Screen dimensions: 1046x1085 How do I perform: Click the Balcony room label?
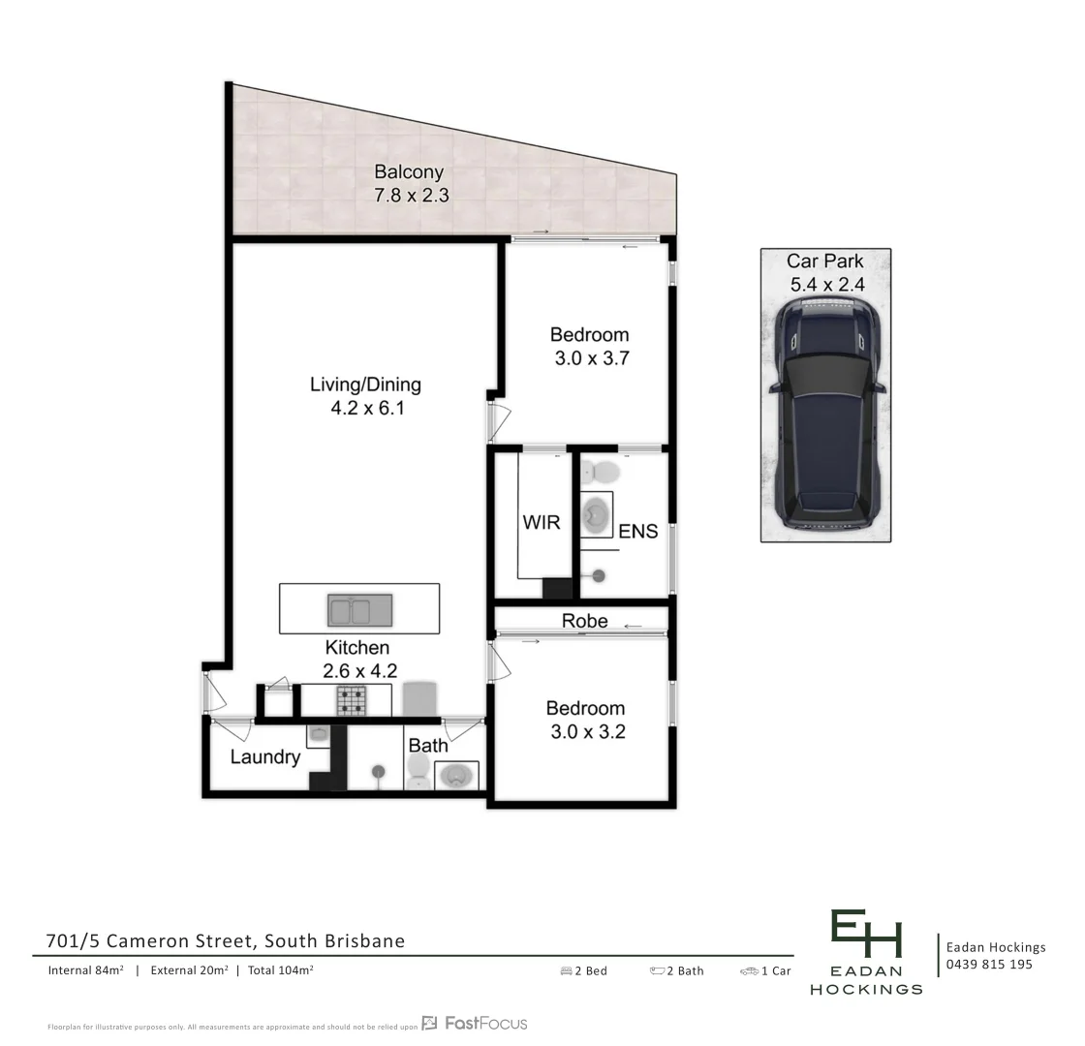tap(409, 172)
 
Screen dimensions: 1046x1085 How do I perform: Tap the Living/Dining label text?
tap(365, 385)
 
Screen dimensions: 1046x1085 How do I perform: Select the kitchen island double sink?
tap(359, 610)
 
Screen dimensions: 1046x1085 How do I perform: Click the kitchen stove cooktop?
tap(351, 700)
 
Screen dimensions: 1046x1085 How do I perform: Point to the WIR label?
tap(541, 523)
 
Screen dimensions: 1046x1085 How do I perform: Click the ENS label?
tap(637, 531)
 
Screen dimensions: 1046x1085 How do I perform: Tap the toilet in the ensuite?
tap(604, 473)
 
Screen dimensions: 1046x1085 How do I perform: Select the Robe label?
tap(584, 621)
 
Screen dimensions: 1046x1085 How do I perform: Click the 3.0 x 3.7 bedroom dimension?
tap(591, 358)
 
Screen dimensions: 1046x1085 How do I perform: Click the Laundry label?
tap(264, 757)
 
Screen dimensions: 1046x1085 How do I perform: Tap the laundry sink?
tap(318, 735)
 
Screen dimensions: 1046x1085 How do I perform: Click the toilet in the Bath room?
tap(418, 772)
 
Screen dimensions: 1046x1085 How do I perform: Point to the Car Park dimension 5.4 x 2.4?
tap(825, 285)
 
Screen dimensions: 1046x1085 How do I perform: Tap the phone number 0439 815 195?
tap(989, 965)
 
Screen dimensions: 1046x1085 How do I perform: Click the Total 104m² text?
tap(280, 970)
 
